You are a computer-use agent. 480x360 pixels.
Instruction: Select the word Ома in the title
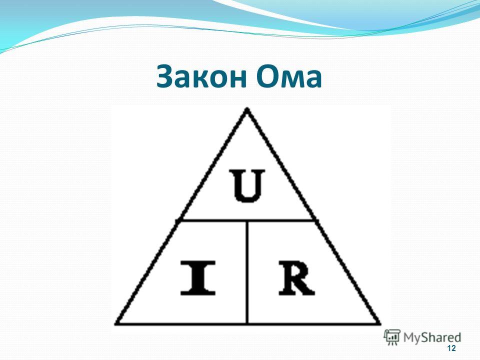tap(289, 76)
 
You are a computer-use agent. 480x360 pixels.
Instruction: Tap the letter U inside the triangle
tap(247, 186)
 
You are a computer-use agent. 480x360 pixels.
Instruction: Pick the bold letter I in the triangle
tap(198, 278)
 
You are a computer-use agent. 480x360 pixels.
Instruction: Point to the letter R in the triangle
tap(296, 278)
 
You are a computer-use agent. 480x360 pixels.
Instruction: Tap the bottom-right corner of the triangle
tap(379, 323)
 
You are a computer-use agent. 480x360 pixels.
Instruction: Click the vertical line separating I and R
tap(247, 272)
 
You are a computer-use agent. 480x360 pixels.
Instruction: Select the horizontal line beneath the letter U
tap(247, 220)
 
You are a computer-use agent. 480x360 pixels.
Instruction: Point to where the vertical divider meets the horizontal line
tap(247, 220)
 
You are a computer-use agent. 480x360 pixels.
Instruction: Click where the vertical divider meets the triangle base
tap(247, 323)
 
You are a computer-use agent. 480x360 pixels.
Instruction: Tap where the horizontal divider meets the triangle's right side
tap(314, 220)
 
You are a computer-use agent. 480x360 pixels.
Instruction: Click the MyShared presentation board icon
tap(392, 337)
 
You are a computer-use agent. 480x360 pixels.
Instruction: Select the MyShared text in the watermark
tap(432, 337)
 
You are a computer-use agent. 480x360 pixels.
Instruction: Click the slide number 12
tap(451, 348)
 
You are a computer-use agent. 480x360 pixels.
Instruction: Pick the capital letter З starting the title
tap(165, 76)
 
